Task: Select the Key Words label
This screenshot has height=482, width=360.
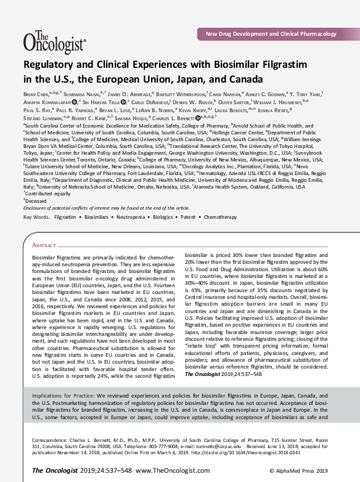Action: click(x=36, y=218)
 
